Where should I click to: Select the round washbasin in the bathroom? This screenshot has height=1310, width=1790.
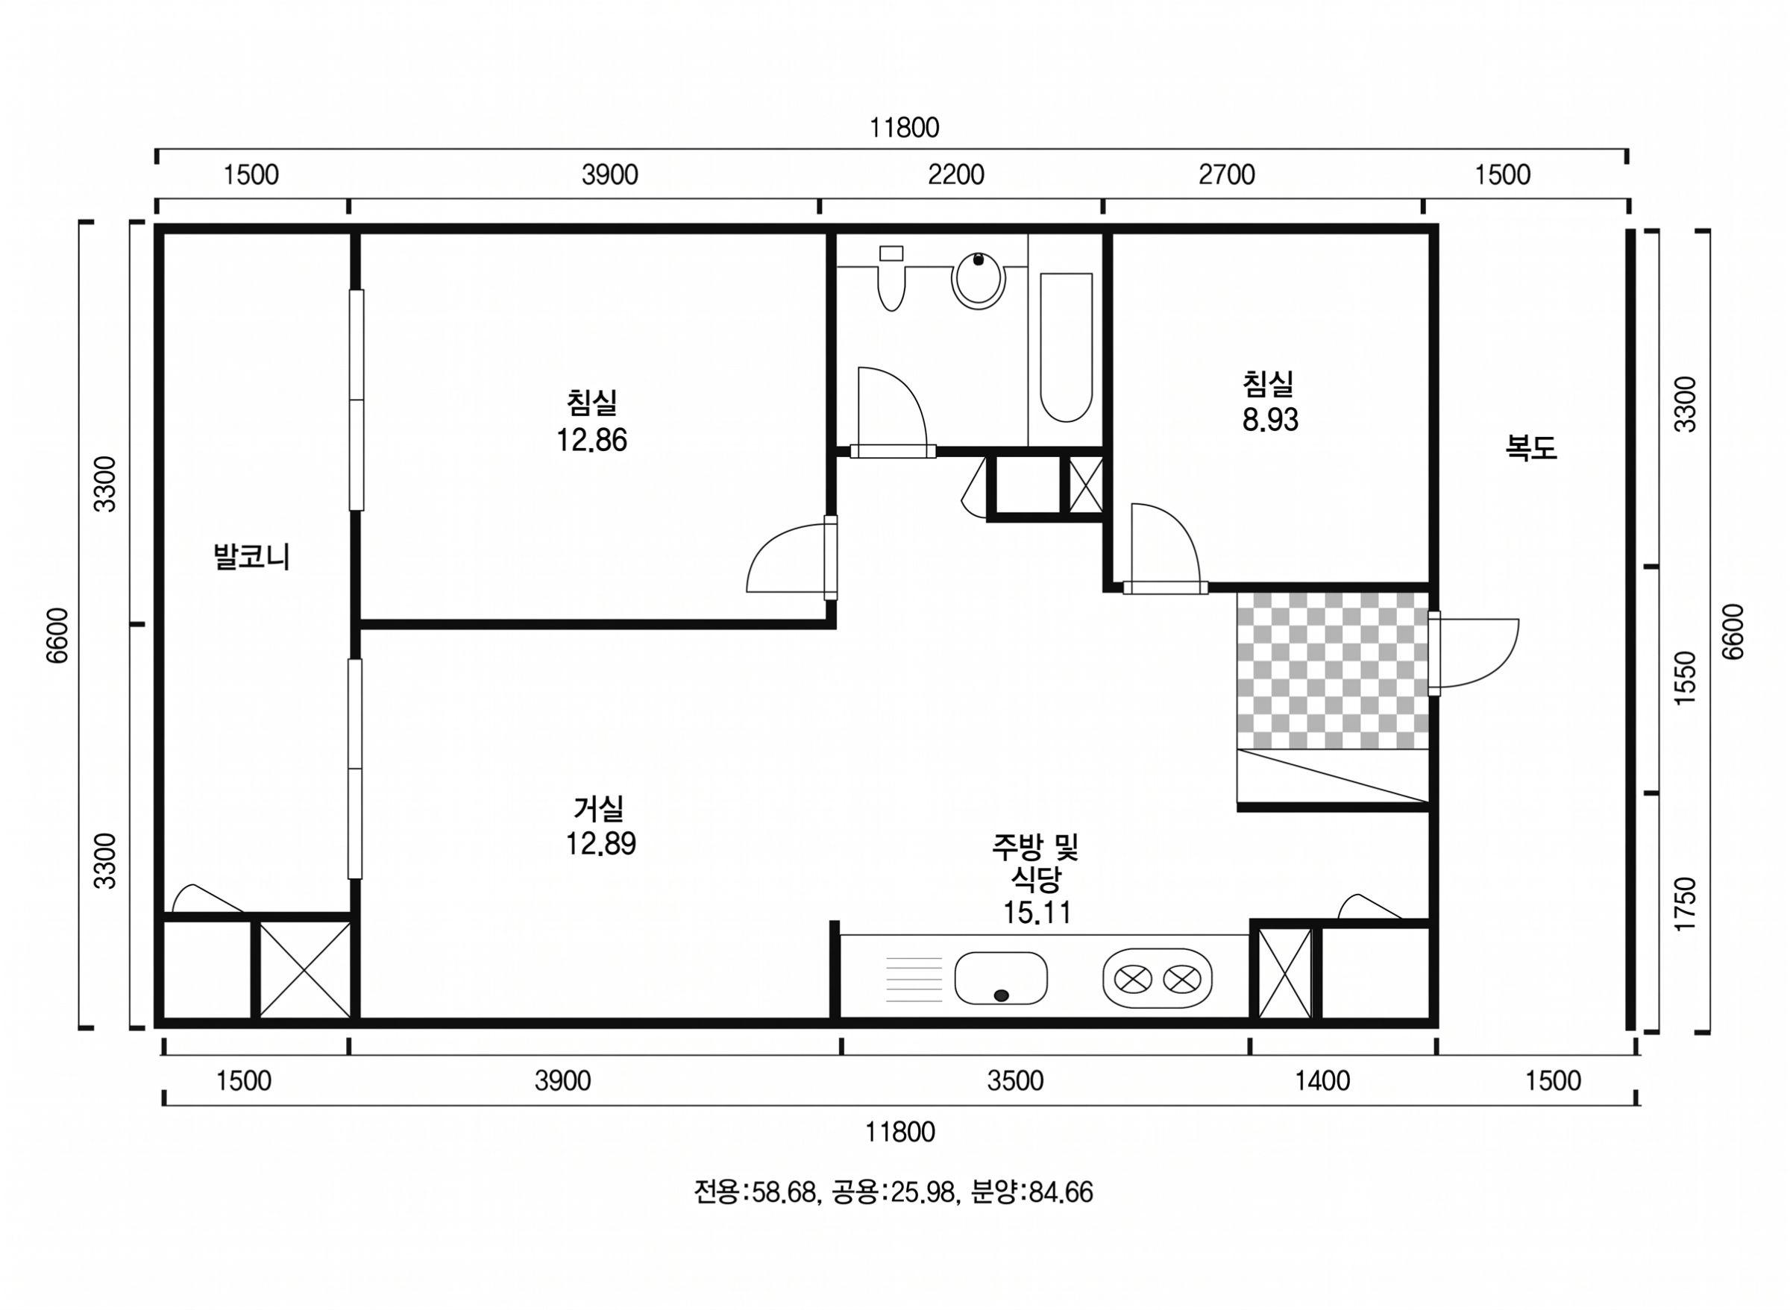pos(979,280)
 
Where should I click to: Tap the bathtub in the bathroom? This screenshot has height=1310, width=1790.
pos(1066,347)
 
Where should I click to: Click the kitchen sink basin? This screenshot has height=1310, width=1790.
pos(1001,977)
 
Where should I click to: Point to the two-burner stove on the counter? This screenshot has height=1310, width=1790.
pos(1157,978)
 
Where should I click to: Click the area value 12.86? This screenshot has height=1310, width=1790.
pos(591,440)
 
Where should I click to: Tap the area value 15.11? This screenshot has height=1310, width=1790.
pos(1037,913)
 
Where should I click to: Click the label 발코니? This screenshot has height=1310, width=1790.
pos(251,557)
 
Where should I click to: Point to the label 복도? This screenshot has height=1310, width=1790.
pos(1531,448)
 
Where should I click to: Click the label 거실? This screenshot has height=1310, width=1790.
pos(599,808)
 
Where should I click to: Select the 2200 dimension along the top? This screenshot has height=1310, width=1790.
pos(955,174)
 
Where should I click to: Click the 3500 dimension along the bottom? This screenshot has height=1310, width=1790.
pos(1015,1081)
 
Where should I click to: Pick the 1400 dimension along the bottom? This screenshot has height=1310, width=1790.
pos(1323,1081)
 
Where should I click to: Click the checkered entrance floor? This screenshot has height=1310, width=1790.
pos(1332,670)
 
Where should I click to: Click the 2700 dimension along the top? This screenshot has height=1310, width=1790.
pos(1227,174)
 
